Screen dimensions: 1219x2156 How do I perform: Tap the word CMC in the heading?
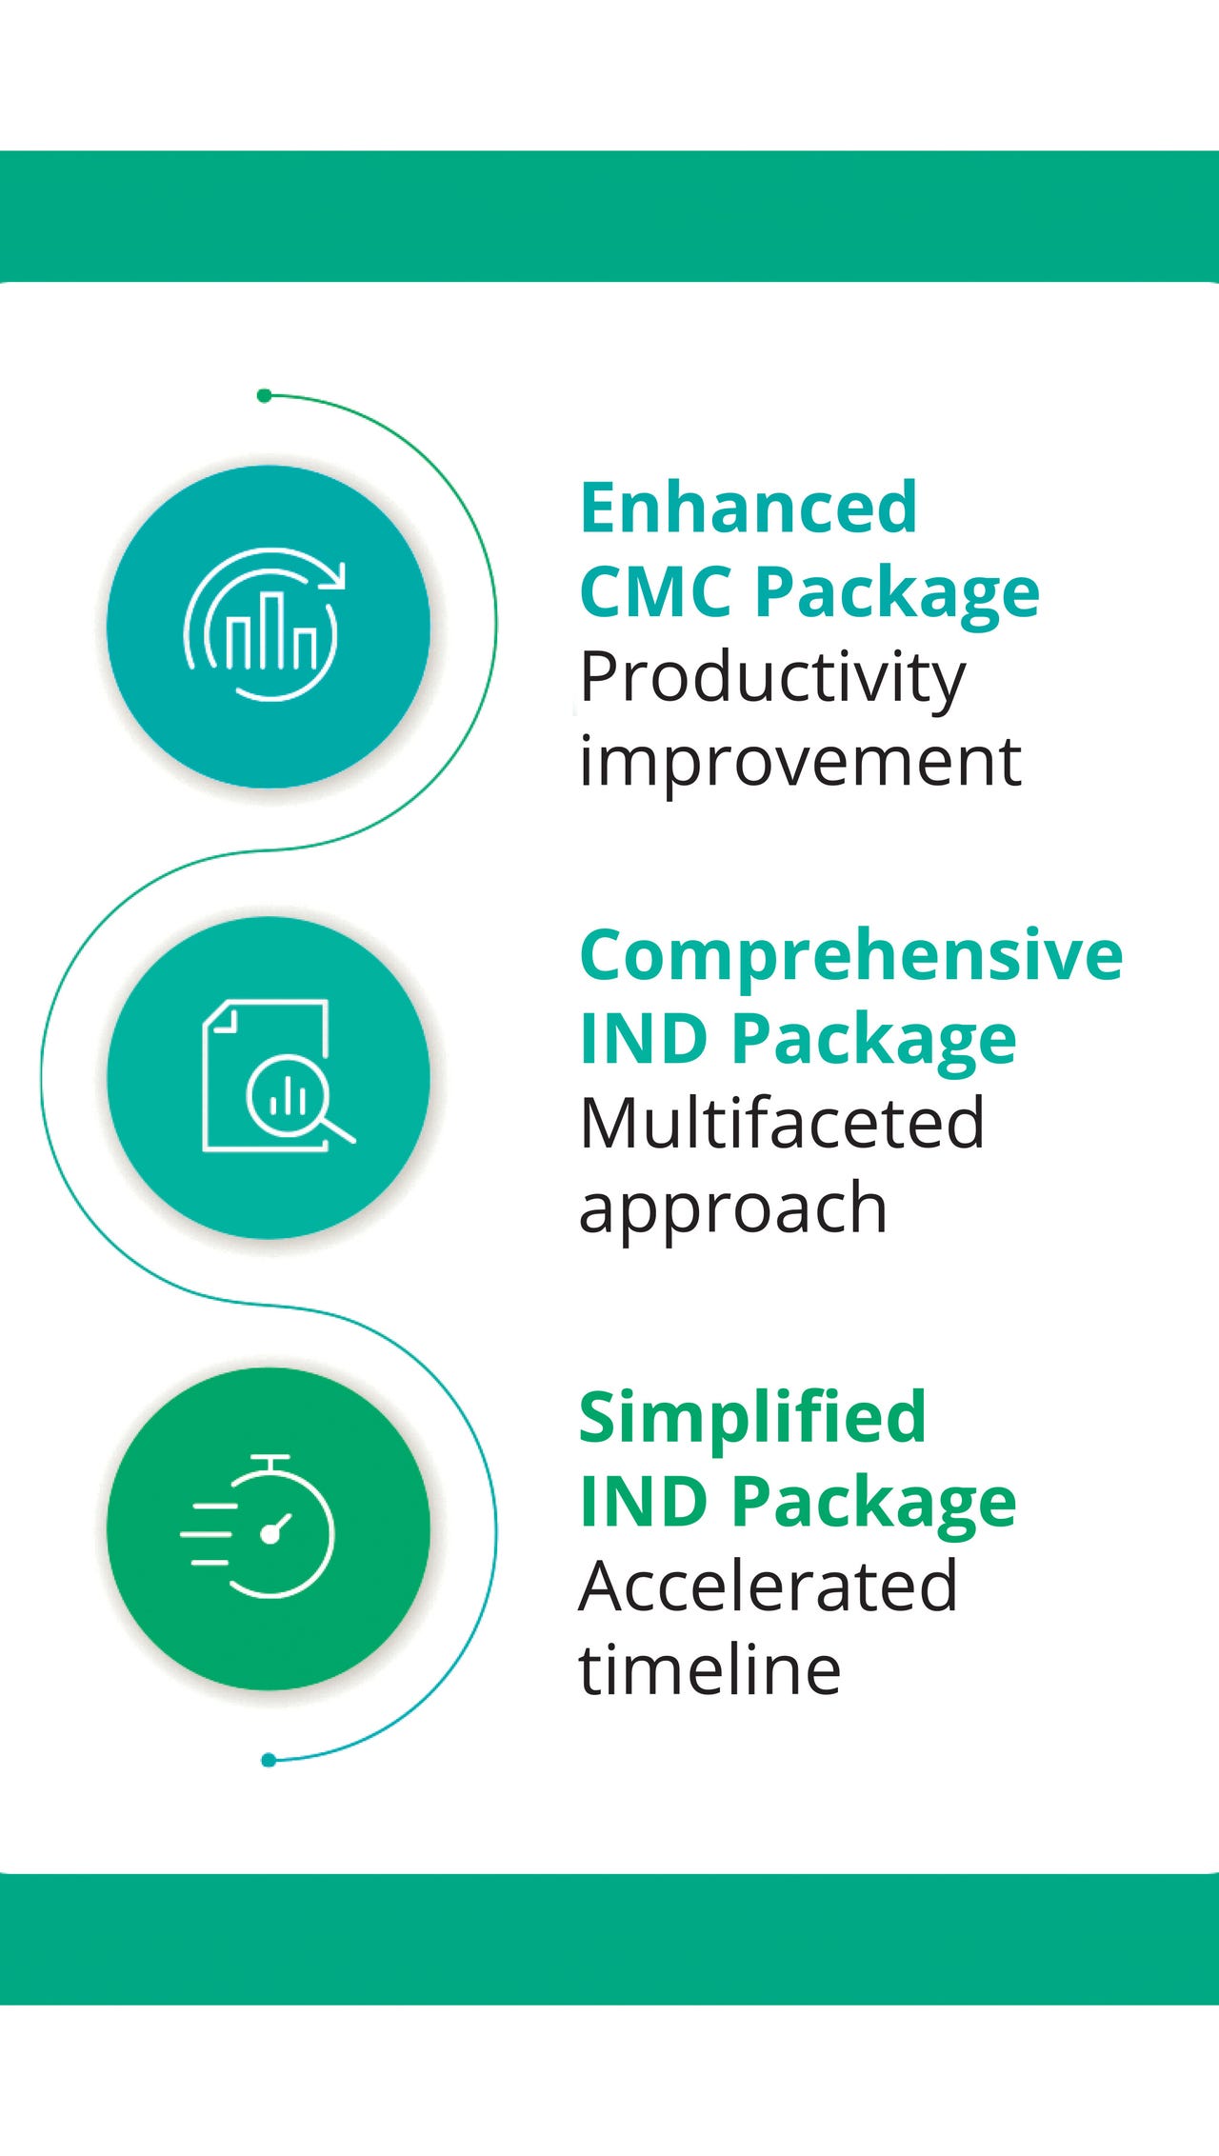[656, 591]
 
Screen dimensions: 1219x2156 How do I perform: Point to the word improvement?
[800, 763]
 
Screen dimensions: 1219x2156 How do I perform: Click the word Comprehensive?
[851, 954]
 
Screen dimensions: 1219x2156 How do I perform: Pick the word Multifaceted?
[782, 1123]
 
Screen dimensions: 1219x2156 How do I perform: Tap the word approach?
[733, 1210]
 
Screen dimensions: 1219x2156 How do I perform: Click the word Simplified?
[752, 1417]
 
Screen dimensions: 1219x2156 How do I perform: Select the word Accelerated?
[768, 1587]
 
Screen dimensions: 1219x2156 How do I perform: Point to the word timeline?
[709, 1670]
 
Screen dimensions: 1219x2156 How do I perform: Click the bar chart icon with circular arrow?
[264, 625]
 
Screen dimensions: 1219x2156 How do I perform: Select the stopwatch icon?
[258, 1526]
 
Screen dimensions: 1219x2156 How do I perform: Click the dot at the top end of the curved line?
[265, 395]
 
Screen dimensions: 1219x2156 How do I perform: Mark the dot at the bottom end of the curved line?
[269, 1760]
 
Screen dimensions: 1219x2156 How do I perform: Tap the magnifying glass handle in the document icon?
[338, 1130]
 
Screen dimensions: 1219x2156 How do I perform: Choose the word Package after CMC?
[896, 593]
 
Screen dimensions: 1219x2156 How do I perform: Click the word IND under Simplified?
[646, 1502]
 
